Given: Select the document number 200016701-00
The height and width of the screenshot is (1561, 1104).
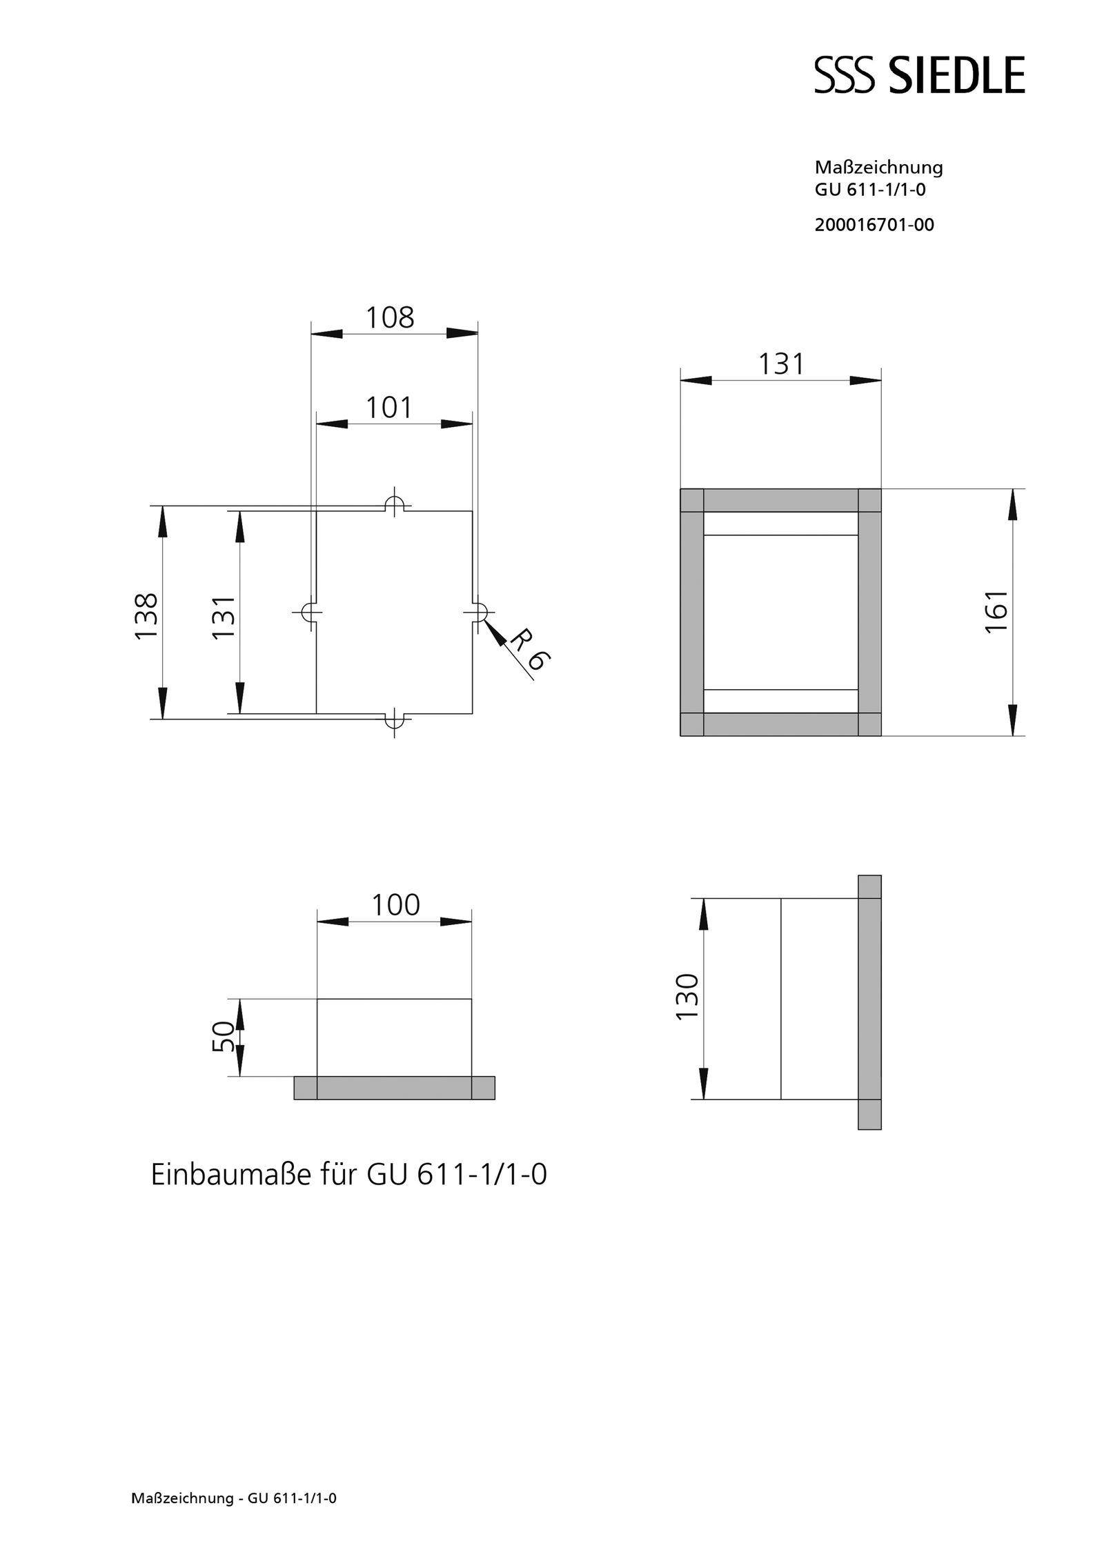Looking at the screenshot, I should (874, 225).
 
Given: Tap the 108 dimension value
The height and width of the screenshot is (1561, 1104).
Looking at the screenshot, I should (390, 318).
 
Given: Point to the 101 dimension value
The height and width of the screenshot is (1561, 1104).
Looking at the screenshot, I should (388, 408).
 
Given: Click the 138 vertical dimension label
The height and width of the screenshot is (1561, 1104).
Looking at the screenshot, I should (147, 615).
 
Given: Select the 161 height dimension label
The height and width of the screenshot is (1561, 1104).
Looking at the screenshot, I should (996, 612).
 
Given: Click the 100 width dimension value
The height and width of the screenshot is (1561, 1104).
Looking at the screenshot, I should (395, 905).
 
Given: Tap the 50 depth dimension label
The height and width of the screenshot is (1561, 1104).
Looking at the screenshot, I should (223, 1036).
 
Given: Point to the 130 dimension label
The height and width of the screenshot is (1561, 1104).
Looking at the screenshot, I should (688, 997).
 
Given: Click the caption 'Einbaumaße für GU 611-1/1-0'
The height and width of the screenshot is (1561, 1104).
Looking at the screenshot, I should (348, 1175).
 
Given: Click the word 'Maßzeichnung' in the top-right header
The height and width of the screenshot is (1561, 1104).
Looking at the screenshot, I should (878, 167).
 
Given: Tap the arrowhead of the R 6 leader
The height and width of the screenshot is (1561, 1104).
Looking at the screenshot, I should (491, 626).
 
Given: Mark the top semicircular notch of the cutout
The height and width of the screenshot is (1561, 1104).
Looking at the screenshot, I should (394, 505).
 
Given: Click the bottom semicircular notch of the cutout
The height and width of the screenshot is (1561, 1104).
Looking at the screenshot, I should (394, 719).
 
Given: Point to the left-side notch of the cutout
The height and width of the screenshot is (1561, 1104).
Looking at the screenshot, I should (308, 612).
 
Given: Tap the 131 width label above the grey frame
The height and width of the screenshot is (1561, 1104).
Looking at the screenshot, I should (781, 364).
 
